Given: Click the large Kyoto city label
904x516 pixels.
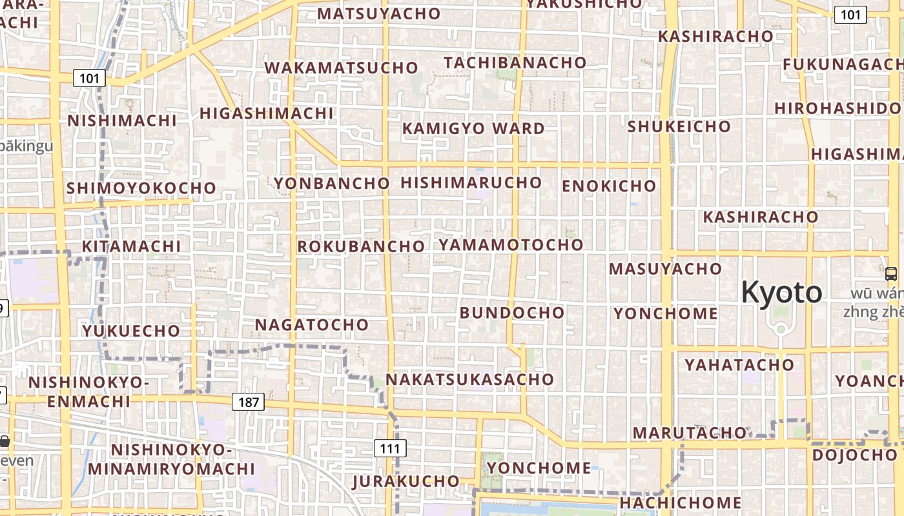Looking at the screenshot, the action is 781,293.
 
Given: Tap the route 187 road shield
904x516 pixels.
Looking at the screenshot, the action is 248,402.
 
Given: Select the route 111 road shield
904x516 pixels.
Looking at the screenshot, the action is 389,448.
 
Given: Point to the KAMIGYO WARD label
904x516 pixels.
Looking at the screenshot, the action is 473,128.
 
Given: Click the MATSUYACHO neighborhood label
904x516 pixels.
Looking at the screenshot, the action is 379,14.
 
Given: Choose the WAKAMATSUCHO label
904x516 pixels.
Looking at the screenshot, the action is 342,68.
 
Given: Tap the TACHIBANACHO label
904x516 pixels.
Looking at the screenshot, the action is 515,63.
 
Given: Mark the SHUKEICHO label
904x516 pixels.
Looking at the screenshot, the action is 679,126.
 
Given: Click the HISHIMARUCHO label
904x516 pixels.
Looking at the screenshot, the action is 471,183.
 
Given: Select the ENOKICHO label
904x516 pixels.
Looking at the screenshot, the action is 609,186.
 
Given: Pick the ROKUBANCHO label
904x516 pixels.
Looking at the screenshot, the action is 361,246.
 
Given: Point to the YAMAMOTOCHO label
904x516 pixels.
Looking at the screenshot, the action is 511,245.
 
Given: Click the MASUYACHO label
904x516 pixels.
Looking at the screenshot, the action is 665,268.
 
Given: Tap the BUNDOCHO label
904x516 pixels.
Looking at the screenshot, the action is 512,313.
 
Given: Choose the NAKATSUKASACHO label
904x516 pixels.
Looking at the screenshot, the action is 469,379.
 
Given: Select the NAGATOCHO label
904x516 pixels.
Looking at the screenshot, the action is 312,324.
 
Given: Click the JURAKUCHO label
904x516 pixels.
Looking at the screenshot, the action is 406,481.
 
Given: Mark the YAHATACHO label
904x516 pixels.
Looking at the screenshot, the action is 739,365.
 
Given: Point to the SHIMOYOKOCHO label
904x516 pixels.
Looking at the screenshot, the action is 141,188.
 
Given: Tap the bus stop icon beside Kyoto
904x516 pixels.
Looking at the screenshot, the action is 891,273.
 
